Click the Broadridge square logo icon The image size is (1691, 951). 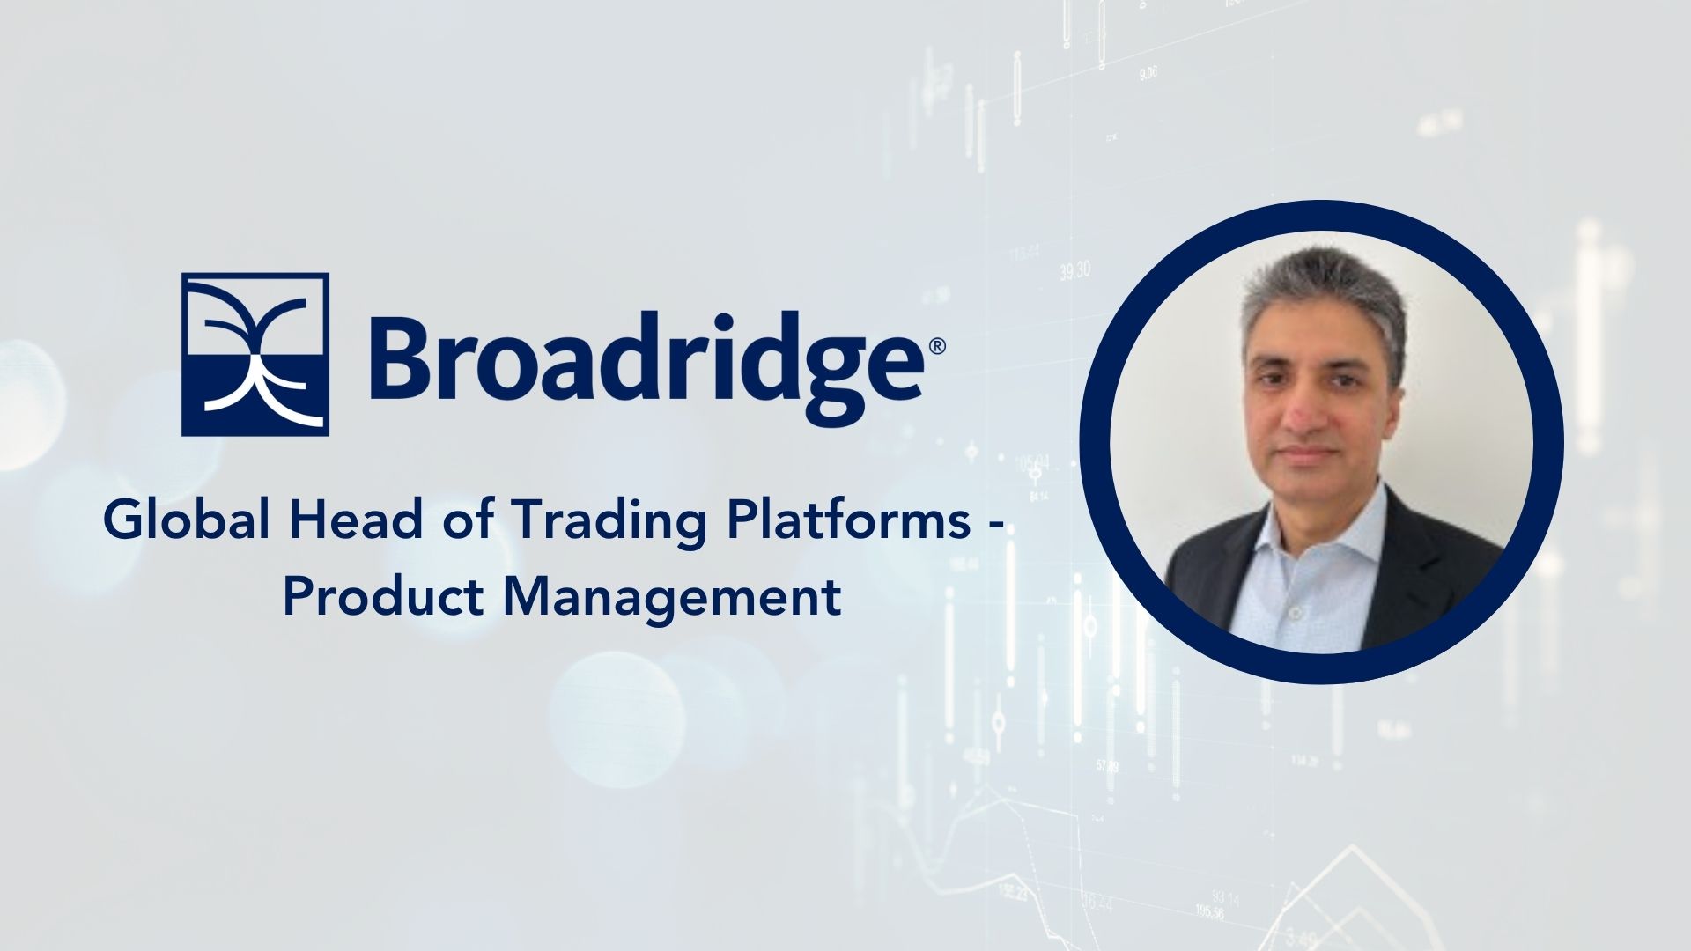(255, 354)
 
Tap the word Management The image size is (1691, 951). (674, 598)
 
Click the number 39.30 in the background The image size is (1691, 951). (1074, 270)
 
